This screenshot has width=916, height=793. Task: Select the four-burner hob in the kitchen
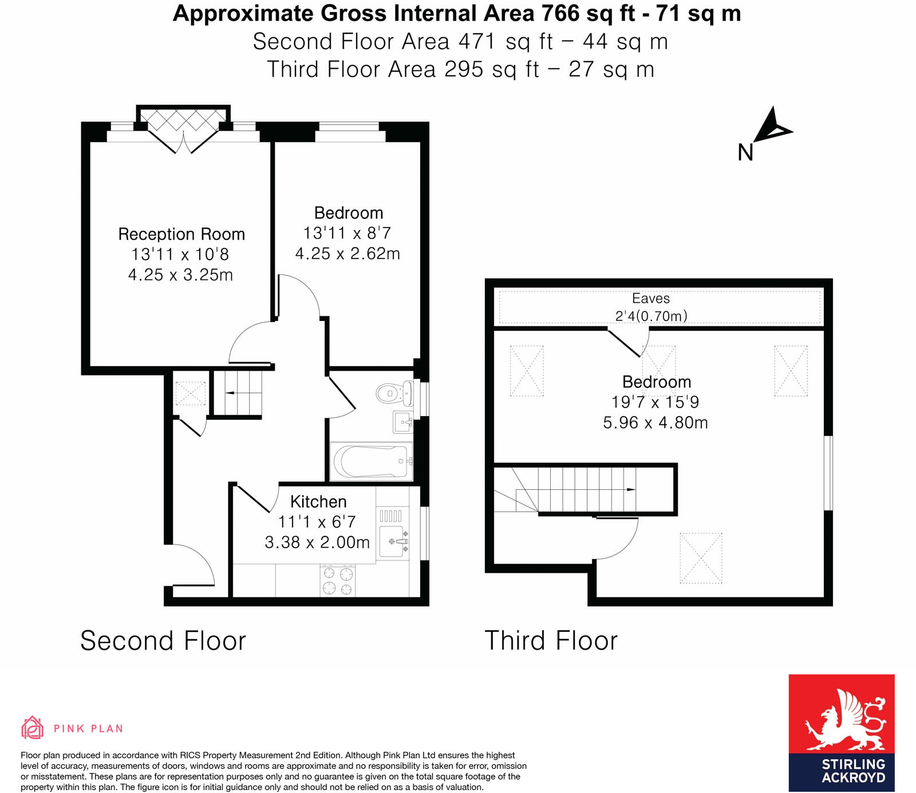[x=338, y=580]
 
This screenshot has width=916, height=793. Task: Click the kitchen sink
[x=394, y=541]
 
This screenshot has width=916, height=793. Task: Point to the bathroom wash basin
[x=404, y=422]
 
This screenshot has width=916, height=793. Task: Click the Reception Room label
[x=181, y=234]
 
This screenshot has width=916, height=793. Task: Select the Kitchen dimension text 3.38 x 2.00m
[x=317, y=542]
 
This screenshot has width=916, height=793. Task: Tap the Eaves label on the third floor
[x=651, y=299]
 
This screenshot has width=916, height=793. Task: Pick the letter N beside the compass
[x=745, y=152]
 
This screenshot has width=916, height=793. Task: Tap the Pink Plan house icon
[x=32, y=728]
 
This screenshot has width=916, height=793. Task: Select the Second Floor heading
[x=163, y=641]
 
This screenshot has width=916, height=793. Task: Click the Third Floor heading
[x=551, y=641]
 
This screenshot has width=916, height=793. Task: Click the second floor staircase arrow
[x=230, y=393]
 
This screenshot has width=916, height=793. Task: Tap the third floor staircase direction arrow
[x=630, y=489]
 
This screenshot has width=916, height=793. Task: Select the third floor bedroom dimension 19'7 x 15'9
[x=655, y=402]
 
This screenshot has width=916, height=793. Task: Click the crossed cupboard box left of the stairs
[x=190, y=394]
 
